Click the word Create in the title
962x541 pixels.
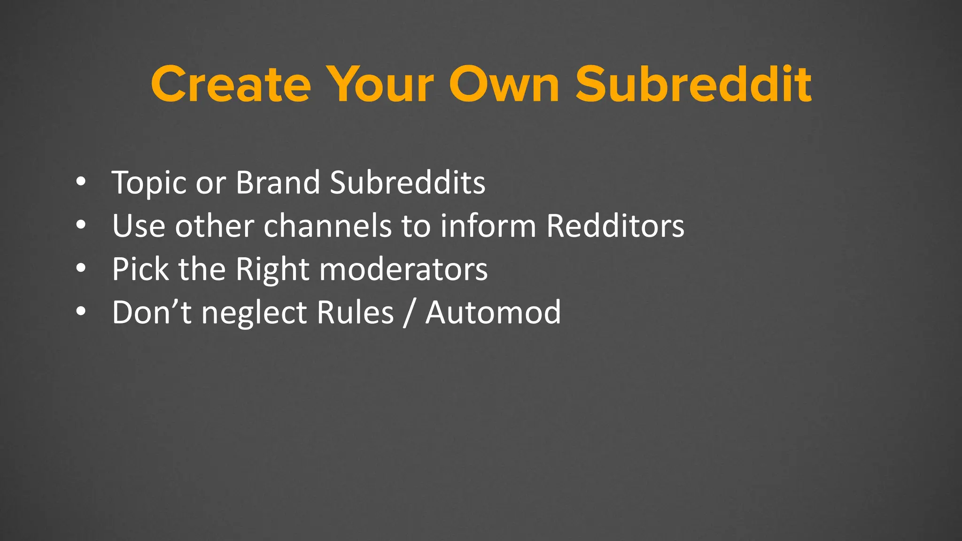tap(231, 85)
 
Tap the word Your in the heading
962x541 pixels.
tap(380, 85)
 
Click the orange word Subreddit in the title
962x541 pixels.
tap(693, 85)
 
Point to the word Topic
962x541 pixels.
tap(149, 183)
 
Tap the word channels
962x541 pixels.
tap(327, 226)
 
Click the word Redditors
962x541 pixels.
tap(615, 226)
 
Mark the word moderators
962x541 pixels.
tap(403, 270)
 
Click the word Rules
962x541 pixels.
tap(355, 312)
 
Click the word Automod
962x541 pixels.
tap(493, 312)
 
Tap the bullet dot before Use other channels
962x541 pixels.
tap(81, 225)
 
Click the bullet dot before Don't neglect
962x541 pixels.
tap(81, 311)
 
